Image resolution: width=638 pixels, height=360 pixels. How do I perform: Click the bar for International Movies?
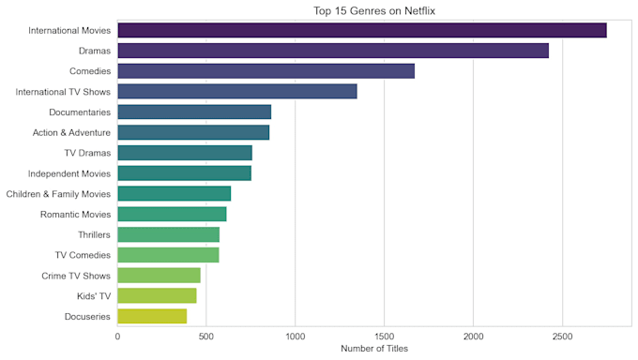(x=362, y=31)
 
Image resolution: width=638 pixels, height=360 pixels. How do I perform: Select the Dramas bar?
(x=333, y=51)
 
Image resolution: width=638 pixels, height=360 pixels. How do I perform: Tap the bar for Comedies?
(x=266, y=71)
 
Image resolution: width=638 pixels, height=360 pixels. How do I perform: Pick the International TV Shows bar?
(x=237, y=92)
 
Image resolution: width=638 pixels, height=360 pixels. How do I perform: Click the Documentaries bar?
(x=194, y=112)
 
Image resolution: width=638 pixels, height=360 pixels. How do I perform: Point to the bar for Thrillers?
(x=169, y=234)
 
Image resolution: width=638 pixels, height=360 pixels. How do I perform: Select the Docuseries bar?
(x=152, y=317)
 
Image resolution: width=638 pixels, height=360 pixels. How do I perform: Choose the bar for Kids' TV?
(x=157, y=295)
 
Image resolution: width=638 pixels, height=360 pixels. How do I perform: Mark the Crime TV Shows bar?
(x=159, y=276)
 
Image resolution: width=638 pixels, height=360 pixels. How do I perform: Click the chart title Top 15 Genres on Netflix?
(x=374, y=11)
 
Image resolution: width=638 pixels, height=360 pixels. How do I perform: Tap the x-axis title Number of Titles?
(x=374, y=349)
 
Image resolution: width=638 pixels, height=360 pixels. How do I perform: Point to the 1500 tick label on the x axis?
(x=384, y=337)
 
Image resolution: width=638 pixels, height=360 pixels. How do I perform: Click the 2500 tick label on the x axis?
(x=562, y=337)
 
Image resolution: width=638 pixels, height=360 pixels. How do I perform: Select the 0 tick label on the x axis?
(x=117, y=337)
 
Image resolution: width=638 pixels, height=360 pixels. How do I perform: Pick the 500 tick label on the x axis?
(x=206, y=337)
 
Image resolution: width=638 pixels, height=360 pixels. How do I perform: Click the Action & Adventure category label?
(x=71, y=132)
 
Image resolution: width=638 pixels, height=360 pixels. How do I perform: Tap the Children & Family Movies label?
(x=58, y=194)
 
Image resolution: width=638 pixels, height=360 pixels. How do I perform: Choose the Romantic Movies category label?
(x=75, y=215)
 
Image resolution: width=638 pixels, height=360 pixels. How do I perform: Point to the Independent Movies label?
(x=69, y=173)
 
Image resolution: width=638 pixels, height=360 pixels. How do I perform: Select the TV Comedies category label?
(x=83, y=255)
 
